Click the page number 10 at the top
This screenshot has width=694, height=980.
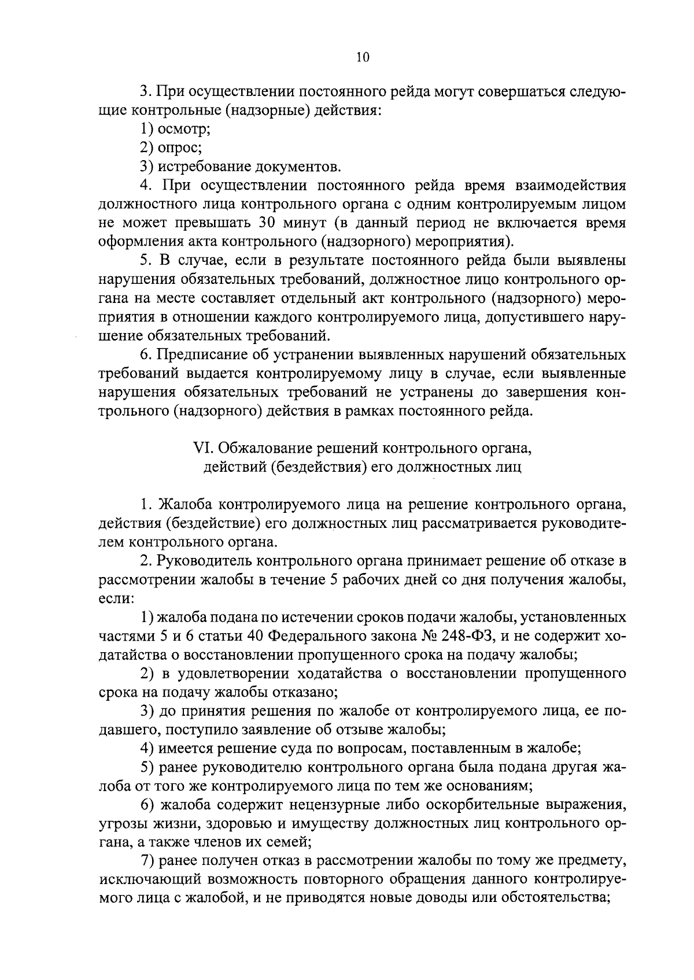click(363, 57)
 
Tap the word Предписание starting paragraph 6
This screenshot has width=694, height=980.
click(201, 354)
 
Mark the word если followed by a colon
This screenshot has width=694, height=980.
click(116, 599)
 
